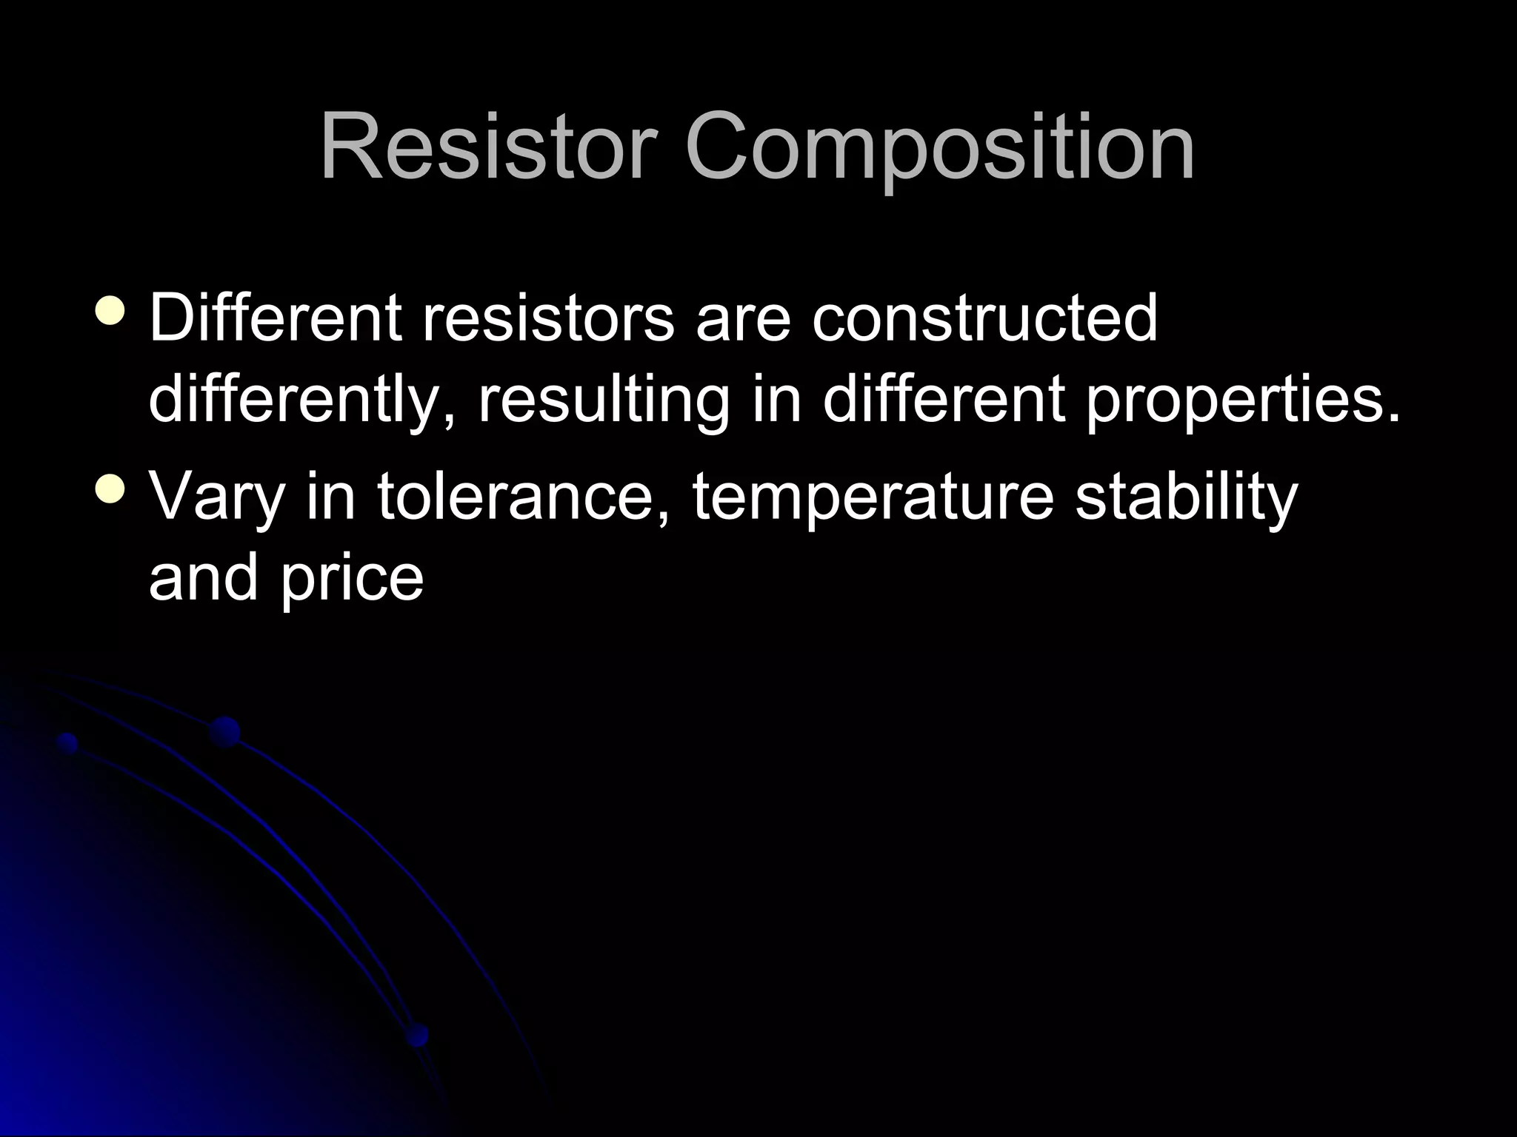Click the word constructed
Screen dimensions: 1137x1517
tap(984, 318)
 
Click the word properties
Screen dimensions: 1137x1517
tap(1244, 400)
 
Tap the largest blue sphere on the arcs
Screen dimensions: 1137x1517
tap(224, 732)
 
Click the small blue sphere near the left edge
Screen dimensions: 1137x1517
tap(67, 743)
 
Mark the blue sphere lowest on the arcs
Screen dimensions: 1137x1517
tap(417, 1034)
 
